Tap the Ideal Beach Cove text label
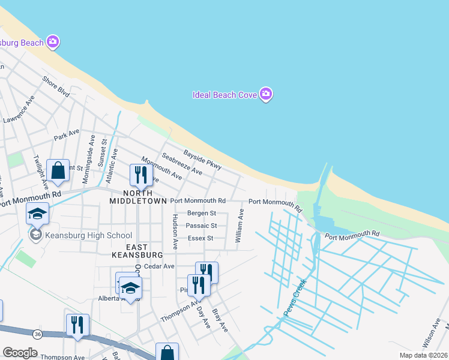pos(224,95)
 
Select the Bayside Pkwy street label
pos(203,160)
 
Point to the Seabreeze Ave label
pos(182,163)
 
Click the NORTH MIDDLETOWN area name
pos(137,197)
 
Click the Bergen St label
pos(201,213)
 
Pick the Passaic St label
pos(201,226)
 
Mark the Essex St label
pos(200,238)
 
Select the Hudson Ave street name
pos(175,232)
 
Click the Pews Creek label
pos(295,298)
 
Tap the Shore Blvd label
pos(56,86)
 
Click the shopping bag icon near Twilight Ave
pos(58,171)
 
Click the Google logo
pos(20,353)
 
